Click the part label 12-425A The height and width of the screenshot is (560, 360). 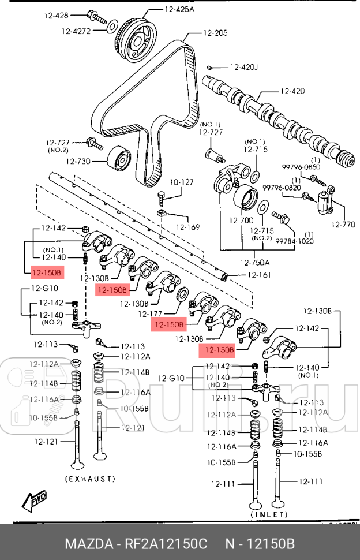click(x=179, y=9)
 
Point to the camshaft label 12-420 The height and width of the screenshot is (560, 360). click(x=292, y=91)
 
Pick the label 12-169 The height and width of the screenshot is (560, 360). click(x=187, y=227)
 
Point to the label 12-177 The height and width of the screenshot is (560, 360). click(x=152, y=314)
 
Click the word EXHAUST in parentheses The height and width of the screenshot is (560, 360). click(x=90, y=479)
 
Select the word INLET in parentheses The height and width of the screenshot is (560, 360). click(x=269, y=513)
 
